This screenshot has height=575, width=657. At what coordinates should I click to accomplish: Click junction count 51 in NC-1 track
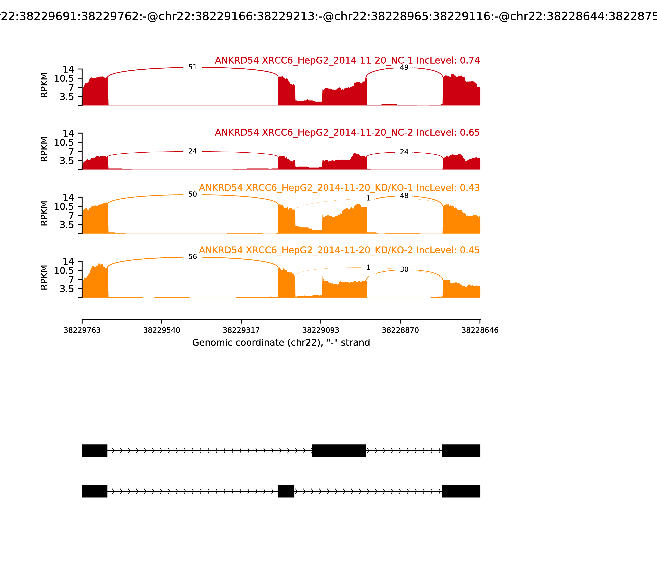193,67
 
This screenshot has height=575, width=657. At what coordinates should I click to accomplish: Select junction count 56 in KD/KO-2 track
193,257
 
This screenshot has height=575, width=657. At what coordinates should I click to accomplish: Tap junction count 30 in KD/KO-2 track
404,269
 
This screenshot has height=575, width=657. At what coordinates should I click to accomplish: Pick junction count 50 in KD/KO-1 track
193,194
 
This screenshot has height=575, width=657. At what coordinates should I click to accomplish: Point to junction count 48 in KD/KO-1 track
404,196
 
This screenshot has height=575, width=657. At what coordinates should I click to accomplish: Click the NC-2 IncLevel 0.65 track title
347,132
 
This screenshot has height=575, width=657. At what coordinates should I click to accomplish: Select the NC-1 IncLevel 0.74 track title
347,60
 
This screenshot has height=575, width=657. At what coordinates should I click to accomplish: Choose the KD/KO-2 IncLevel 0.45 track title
339,250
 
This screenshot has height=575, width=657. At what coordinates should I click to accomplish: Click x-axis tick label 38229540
162,330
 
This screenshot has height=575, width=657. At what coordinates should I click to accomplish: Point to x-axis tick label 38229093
321,330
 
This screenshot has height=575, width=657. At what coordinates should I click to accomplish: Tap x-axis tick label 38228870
400,330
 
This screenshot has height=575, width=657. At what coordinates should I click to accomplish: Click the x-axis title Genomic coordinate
281,343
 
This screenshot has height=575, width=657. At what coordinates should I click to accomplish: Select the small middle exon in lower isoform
286,491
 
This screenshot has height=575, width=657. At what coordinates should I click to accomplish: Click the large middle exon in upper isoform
339,451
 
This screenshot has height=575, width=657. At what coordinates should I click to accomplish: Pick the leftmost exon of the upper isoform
95,451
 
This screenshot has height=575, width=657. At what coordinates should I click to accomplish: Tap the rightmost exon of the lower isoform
461,491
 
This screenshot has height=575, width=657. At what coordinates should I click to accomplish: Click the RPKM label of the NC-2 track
44,149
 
